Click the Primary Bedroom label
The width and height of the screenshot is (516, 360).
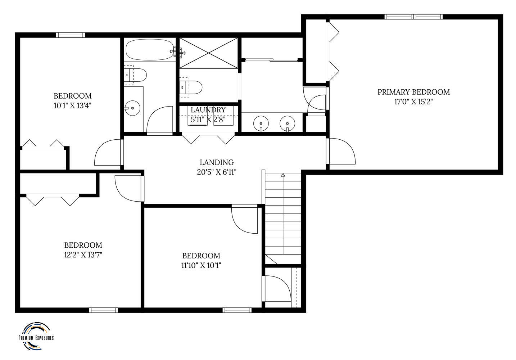tap(413, 92)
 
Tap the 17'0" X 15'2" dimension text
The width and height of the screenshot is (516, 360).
tap(413, 102)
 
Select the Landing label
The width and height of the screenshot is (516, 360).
tap(217, 162)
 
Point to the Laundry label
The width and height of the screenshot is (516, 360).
tap(208, 110)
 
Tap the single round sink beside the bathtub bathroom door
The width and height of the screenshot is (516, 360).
tap(132, 108)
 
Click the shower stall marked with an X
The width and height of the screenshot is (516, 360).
tap(208, 53)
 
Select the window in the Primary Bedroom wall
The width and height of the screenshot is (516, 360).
tap(413, 17)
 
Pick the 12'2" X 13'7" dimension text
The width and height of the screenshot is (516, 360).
tap(83, 255)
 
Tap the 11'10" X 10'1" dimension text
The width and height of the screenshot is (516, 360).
tap(201, 266)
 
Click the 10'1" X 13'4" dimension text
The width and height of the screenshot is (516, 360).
tap(73, 105)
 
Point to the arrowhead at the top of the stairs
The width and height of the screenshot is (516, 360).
tap(283, 175)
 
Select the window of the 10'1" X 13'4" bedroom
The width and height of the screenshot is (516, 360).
tap(71, 35)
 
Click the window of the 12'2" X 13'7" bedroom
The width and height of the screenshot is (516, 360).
tap(103, 310)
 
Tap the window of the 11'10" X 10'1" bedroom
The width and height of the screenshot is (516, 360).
tap(237, 310)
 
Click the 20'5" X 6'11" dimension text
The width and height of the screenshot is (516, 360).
tap(217, 172)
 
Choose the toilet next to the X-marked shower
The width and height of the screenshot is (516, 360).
tap(191, 87)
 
